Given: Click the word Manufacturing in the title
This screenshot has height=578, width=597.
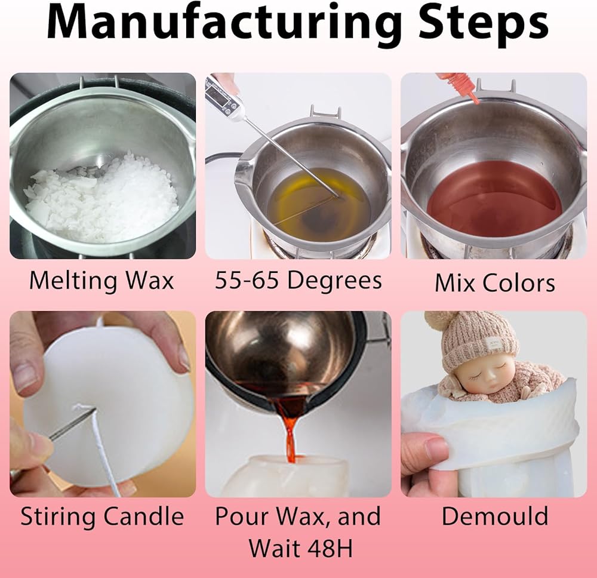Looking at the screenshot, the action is (224, 24).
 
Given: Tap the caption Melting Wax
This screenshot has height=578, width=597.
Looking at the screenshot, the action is (101, 281).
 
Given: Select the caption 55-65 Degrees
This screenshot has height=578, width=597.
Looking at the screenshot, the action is (298, 281).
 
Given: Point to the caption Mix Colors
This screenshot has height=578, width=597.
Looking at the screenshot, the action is (494, 283).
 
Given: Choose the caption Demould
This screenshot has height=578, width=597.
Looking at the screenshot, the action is (495, 516).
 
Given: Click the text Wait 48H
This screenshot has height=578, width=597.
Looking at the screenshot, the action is (301, 548).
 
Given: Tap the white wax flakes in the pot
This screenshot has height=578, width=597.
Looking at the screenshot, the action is (102, 198).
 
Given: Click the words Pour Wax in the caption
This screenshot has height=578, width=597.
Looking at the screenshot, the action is (270, 516).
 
